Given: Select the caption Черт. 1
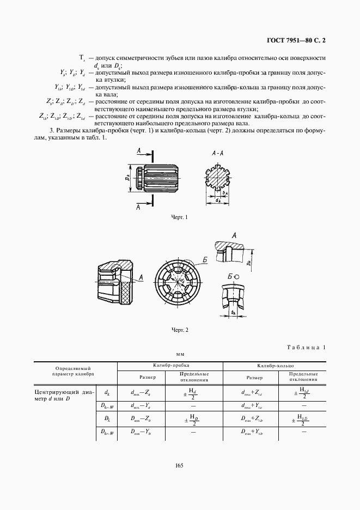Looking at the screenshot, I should tap(179, 217).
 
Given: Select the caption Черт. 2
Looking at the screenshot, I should tap(179, 330).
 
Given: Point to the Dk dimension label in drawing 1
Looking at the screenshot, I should tap(126, 178).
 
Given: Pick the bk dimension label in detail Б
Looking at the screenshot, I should tap(233, 313).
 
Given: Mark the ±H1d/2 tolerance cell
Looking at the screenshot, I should tap(300, 393).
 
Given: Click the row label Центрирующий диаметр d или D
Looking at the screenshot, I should tap(64, 396).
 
